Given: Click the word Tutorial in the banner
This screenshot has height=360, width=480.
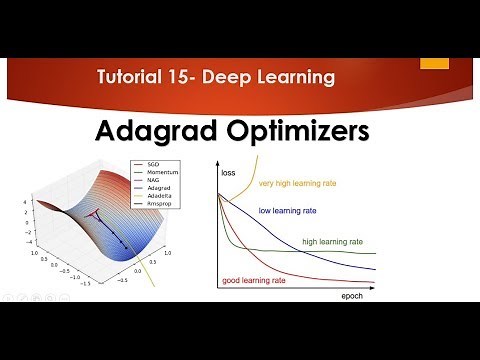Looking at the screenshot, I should (132, 77).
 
